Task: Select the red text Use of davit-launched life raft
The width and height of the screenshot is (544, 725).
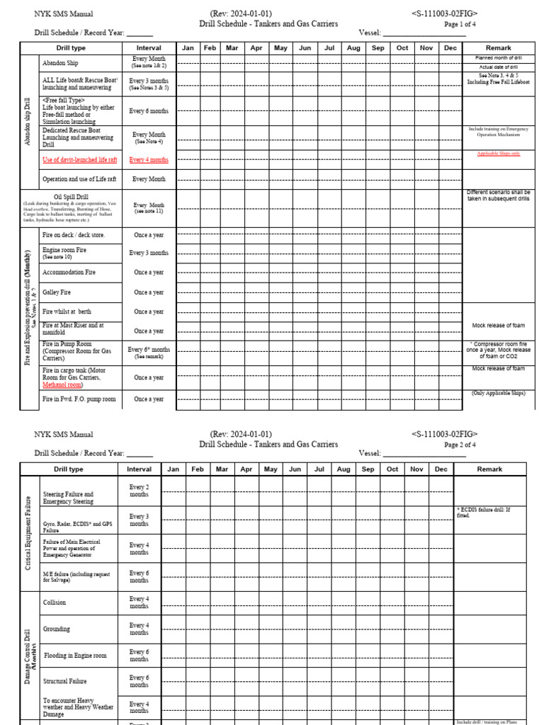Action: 80,160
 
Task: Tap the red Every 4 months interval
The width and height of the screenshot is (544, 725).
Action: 149,160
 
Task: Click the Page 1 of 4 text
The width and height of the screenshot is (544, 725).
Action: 460,24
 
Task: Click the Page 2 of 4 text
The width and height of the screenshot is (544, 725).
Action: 460,445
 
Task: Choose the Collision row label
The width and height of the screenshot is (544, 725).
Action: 55,603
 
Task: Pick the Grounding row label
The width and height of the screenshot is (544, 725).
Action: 56,628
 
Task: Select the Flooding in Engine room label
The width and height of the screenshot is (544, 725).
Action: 75,656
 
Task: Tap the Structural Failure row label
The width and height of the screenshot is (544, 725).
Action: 65,681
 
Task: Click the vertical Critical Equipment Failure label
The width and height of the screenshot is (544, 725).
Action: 28,533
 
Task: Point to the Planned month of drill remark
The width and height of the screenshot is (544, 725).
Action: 499,58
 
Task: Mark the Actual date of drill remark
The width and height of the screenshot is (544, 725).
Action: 499,67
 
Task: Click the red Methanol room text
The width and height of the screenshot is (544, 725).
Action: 62,385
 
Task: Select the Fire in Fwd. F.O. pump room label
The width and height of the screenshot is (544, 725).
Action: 79,400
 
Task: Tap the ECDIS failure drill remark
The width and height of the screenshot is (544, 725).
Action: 484,513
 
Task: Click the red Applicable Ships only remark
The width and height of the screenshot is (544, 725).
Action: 499,154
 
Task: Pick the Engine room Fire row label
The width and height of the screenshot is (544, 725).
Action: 65,250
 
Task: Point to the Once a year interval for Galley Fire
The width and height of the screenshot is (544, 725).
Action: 149,292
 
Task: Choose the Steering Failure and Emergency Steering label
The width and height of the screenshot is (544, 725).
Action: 68,498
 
